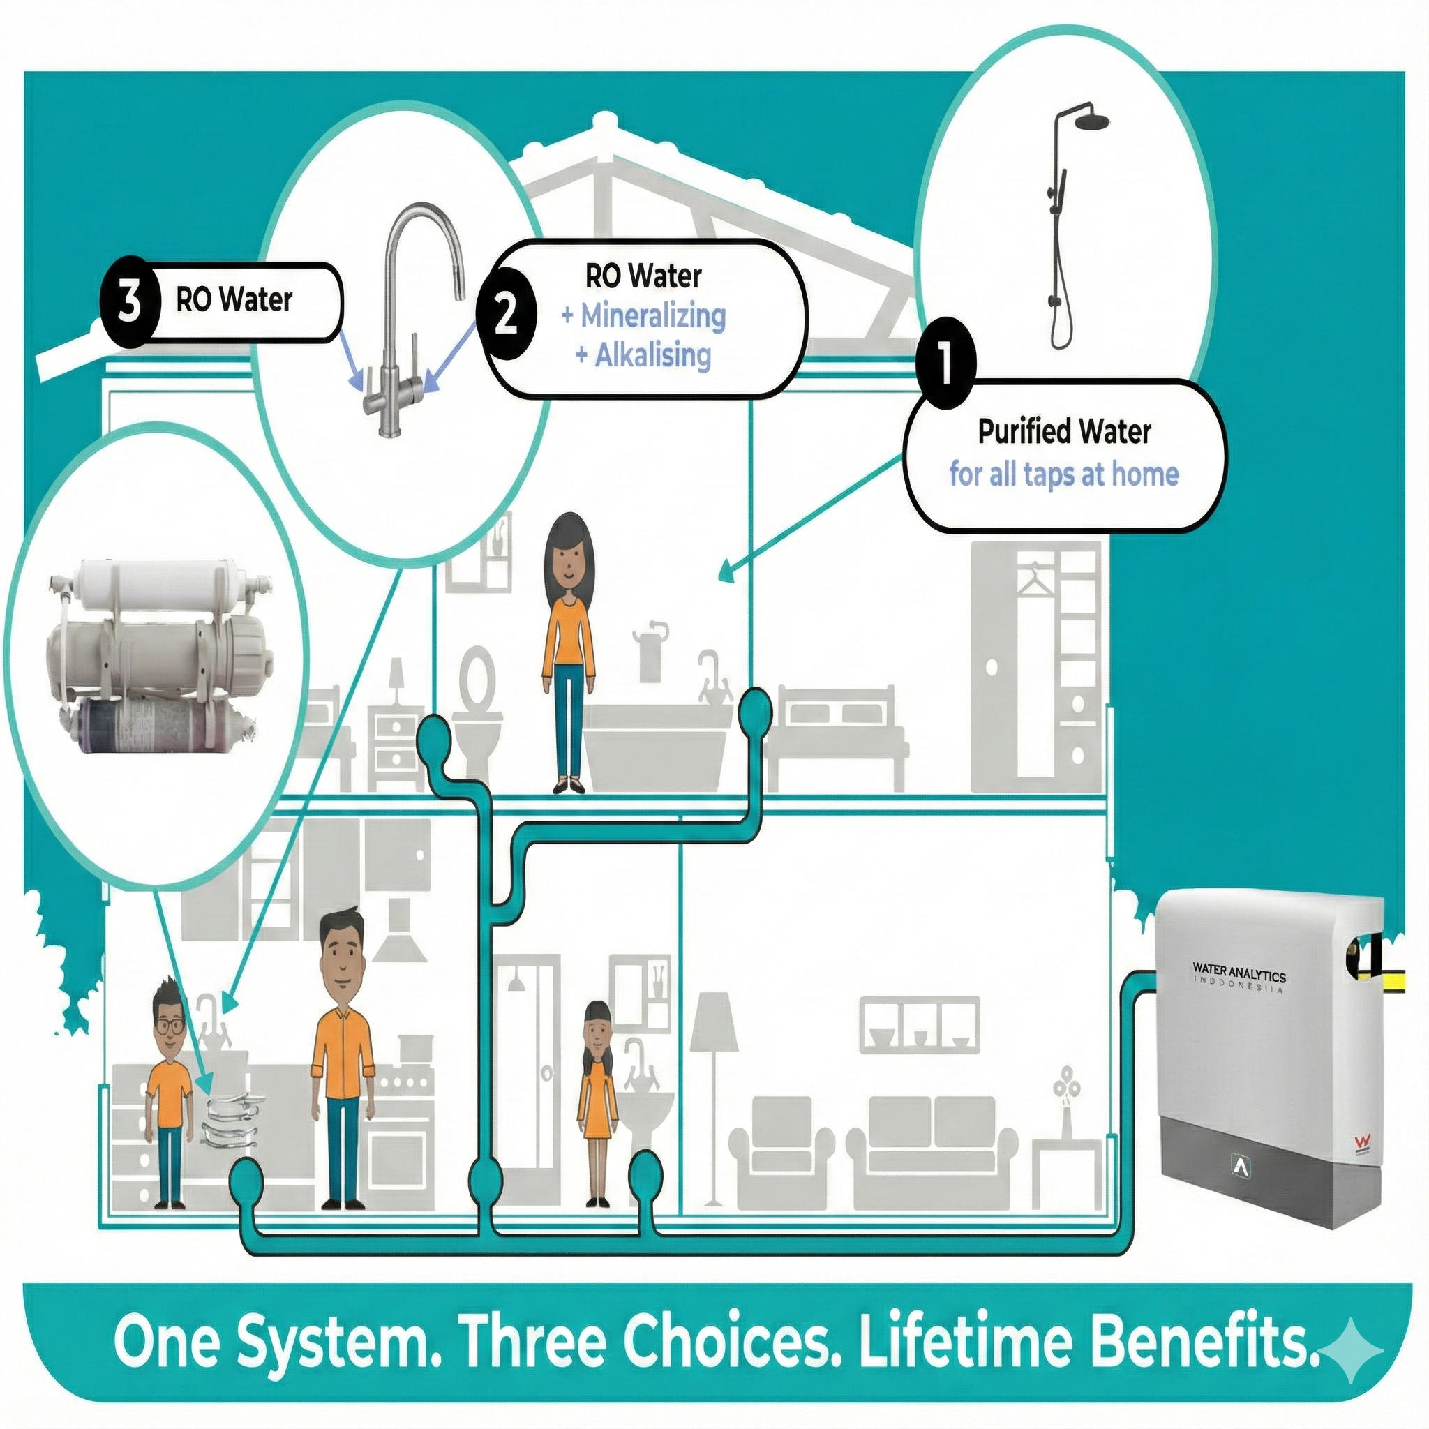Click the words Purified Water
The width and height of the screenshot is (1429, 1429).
1064,432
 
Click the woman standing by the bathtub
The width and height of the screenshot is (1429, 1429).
568,651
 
